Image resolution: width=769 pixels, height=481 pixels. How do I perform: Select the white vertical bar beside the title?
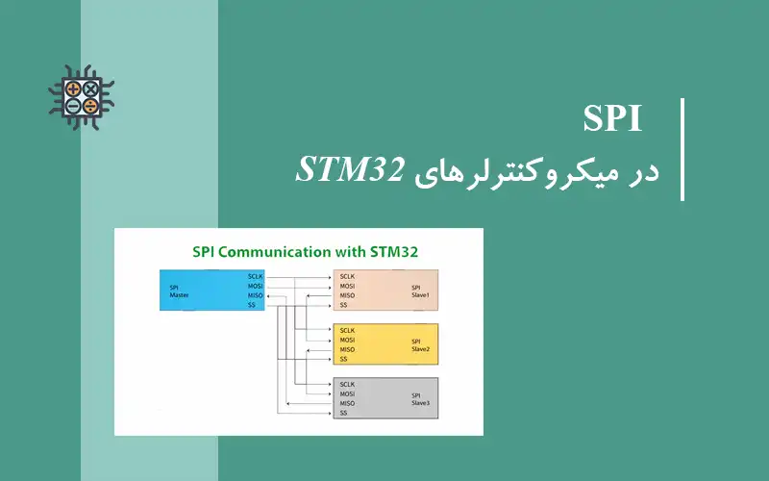(682, 149)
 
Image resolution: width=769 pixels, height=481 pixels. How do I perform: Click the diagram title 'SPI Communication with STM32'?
(299, 252)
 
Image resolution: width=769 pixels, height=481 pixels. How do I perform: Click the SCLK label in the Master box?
(256, 276)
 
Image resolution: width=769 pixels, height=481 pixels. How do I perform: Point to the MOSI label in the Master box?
(256, 286)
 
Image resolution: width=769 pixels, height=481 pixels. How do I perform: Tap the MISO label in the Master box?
(256, 295)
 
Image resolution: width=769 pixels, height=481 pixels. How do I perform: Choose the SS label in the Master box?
(252, 305)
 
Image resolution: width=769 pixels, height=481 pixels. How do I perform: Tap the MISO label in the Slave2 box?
(348, 349)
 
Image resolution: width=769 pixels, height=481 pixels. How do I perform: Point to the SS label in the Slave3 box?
(343, 413)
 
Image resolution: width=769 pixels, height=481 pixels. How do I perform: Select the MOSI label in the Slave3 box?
(348, 393)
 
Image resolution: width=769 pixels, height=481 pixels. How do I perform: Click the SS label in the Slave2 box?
(343, 359)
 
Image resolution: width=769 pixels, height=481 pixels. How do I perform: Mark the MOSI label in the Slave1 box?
(348, 286)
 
